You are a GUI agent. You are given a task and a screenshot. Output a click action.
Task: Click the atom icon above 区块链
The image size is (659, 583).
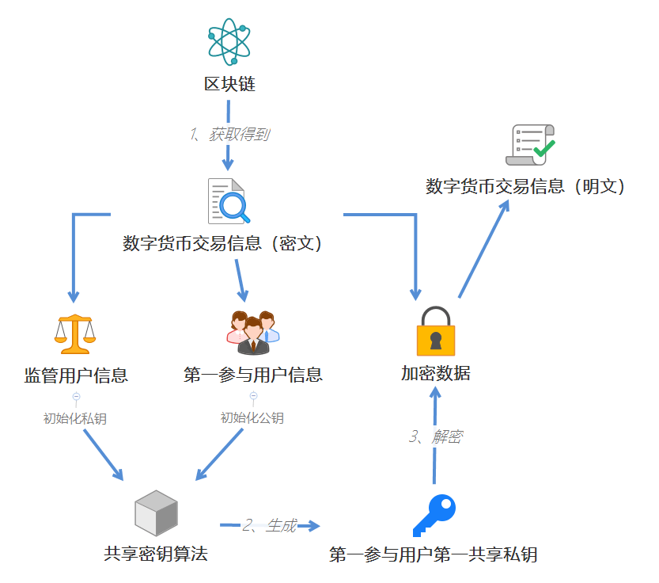coord(229,41)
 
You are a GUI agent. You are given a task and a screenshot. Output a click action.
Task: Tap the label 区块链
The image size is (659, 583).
coord(229,85)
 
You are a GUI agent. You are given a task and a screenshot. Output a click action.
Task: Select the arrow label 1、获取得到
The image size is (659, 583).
coord(229,135)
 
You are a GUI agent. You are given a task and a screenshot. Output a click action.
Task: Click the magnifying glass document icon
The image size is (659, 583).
coord(229,201)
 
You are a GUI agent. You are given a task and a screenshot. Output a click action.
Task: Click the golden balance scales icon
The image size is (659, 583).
coord(74,333)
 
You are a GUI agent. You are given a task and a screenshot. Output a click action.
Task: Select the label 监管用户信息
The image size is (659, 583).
coord(76,375)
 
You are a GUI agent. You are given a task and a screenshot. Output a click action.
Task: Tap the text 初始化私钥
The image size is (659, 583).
coord(75,418)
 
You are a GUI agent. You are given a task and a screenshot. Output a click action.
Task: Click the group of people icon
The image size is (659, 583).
coord(253,332)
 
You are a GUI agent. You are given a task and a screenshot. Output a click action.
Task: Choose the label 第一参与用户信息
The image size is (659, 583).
coord(253,375)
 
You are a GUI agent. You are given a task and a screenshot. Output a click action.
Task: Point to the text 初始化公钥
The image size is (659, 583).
coord(252,418)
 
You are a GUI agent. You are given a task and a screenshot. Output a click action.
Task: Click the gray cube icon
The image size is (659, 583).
coord(156,513)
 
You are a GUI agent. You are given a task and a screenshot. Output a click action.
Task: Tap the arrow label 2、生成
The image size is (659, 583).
coord(270,525)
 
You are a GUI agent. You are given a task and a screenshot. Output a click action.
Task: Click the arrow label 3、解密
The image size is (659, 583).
coord(436,436)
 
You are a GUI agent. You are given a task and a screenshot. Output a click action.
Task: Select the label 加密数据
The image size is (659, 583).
coord(436,373)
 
